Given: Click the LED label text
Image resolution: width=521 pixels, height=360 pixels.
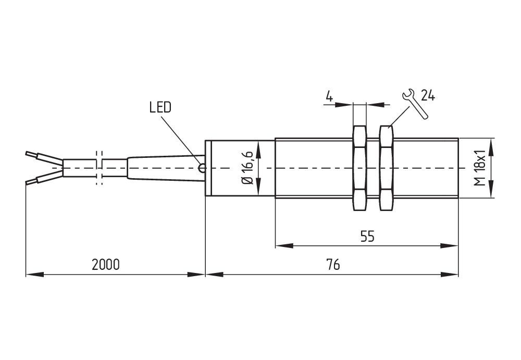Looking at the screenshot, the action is coord(160,107).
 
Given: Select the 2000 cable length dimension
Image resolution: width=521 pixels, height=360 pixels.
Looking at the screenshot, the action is coord(106,265).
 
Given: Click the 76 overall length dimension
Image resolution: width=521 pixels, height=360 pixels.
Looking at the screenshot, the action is coord(333,265).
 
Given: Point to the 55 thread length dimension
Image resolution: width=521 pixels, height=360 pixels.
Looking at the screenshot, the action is coord(367,237).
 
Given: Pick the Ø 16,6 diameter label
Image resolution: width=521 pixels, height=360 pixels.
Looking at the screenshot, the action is coord(247,168).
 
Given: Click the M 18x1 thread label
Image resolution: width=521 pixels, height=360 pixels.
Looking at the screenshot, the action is coord(480,168).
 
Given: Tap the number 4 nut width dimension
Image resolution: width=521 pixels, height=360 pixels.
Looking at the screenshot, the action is coord(329,96).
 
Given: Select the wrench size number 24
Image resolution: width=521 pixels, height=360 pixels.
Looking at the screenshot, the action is coord(428,95).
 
